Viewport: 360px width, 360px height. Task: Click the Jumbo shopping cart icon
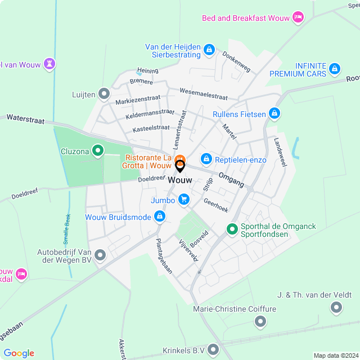point(184,200)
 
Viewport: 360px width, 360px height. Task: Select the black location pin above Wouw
point(180,166)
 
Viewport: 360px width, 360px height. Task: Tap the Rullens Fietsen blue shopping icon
point(274,114)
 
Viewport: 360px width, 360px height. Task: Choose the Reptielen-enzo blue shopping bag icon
point(206,160)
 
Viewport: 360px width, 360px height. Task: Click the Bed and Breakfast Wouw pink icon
point(298,18)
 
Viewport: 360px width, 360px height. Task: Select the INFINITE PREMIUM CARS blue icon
point(335,69)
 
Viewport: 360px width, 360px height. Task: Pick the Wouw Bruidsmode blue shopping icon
point(160,217)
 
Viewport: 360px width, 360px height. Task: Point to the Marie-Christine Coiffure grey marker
point(260,321)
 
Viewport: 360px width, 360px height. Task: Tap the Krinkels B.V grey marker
point(213,350)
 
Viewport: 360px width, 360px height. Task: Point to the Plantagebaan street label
point(164,256)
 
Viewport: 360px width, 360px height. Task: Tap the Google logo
point(19,353)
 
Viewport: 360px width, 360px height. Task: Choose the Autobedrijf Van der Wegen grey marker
point(100,256)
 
